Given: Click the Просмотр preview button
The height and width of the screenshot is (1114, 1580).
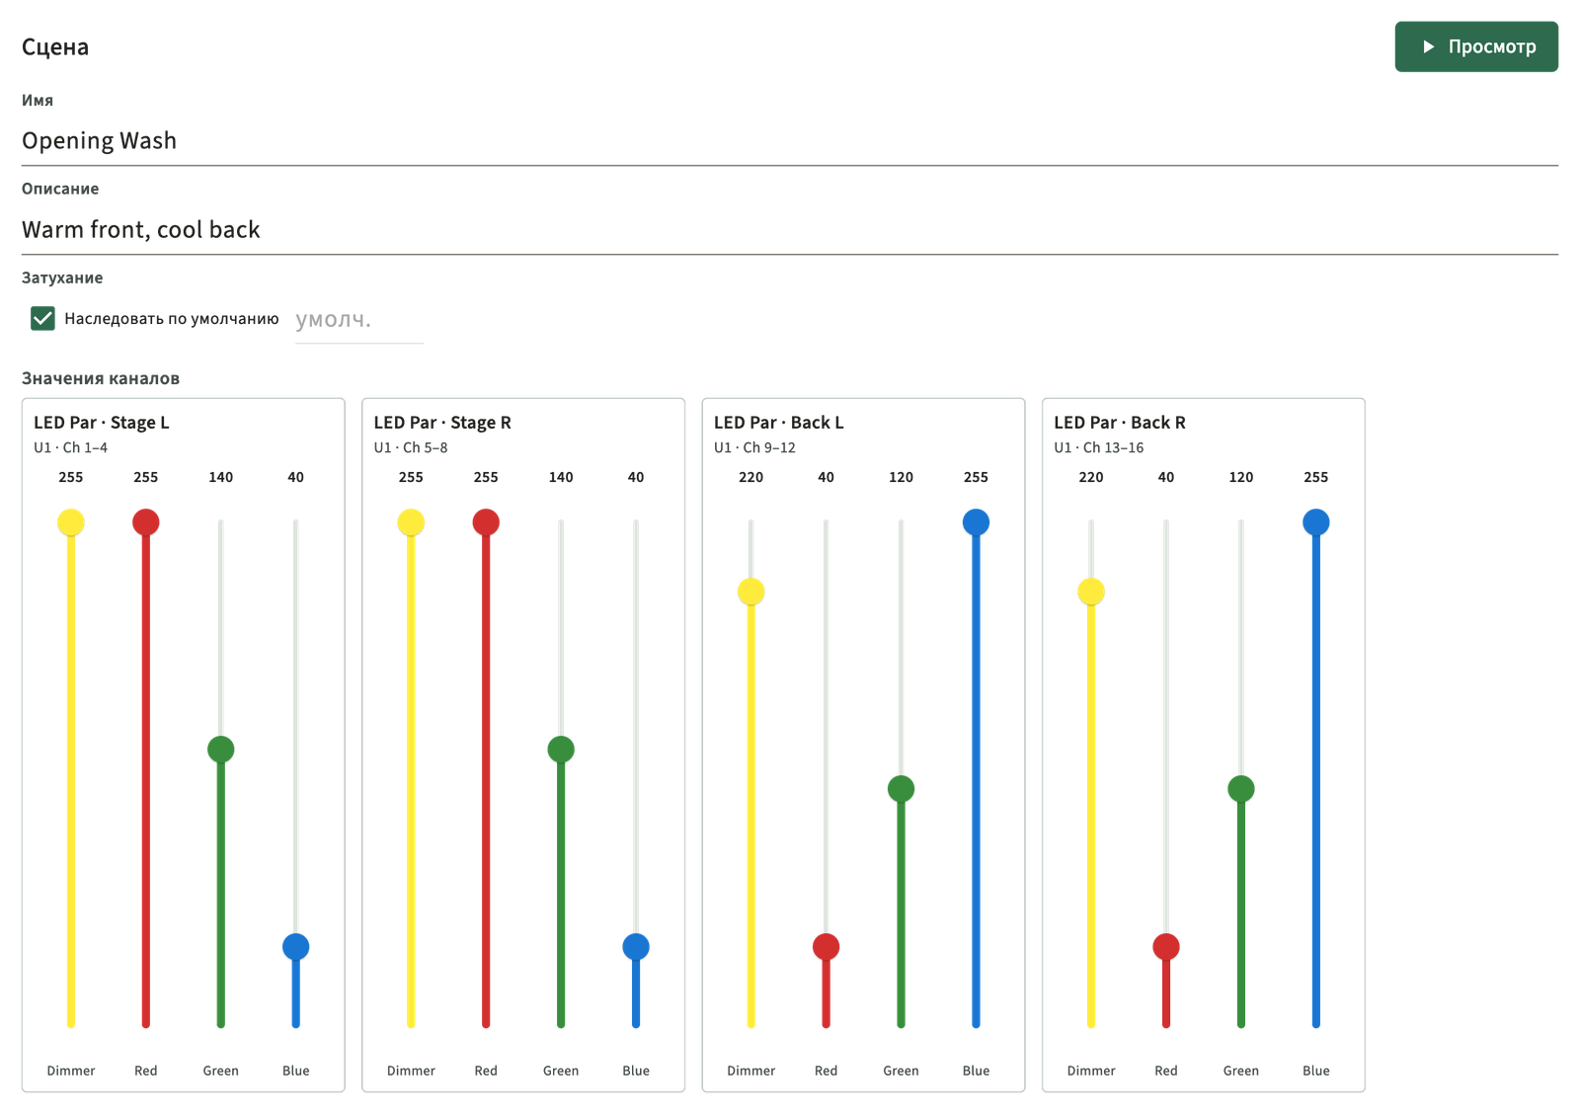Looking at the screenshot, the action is click(1475, 46).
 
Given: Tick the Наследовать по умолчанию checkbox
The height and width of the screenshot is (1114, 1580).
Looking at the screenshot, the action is click(42, 318).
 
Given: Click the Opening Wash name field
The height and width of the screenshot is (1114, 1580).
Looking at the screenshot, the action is click(789, 140).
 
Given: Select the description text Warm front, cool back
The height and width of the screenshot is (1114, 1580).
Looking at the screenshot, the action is click(141, 229).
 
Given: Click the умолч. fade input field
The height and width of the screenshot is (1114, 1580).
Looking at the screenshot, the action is click(359, 320).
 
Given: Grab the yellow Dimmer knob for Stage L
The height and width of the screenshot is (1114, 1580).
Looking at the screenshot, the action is click(70, 522).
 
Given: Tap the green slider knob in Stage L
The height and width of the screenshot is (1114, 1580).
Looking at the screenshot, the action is click(221, 750).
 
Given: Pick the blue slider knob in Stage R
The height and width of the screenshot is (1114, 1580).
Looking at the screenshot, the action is click(636, 947).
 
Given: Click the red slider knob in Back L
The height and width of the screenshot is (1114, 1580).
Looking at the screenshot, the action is click(826, 947).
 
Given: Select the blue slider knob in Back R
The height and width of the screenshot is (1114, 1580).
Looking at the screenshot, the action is click(1315, 522).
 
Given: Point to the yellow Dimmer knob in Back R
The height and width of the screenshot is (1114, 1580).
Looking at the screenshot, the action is click(1091, 592).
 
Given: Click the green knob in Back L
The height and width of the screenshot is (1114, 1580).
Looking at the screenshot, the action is click(901, 789).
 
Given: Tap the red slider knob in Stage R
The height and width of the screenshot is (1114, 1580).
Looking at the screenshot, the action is click(486, 522).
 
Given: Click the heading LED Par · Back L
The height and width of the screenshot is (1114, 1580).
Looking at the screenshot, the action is click(779, 423).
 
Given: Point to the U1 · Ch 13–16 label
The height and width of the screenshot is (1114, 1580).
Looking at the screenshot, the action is click(1099, 447).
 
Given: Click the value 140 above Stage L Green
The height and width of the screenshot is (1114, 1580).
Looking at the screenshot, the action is click(221, 477).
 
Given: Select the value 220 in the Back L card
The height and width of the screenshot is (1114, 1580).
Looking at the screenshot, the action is click(750, 477).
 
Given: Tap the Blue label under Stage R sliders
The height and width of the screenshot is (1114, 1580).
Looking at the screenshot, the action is click(636, 1071).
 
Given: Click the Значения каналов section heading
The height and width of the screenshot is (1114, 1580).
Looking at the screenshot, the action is click(100, 378).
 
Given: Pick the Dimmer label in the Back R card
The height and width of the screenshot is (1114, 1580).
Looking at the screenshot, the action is click(1091, 1071).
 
